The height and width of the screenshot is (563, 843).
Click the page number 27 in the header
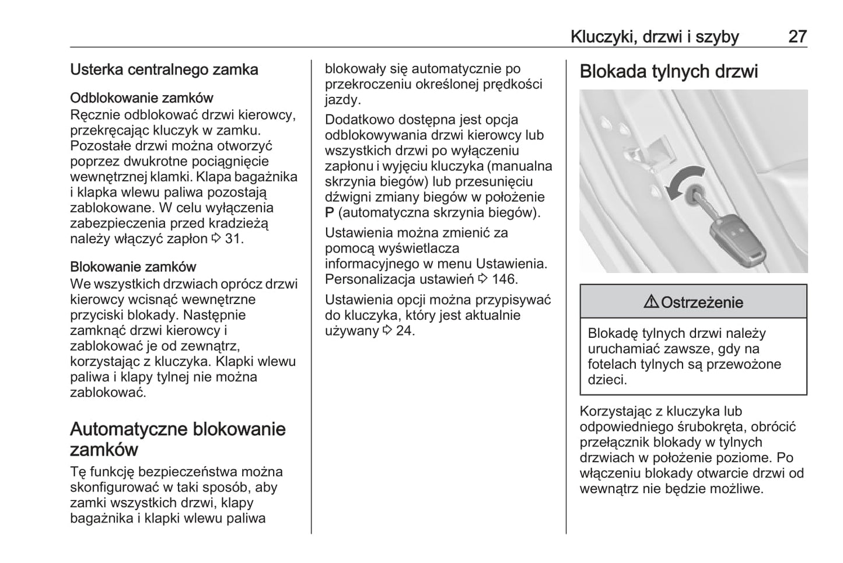coord(797,37)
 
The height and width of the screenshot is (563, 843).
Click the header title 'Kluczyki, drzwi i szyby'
coord(655,37)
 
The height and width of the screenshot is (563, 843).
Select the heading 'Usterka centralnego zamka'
coord(164,69)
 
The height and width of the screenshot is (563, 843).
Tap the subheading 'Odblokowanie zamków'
coord(142,97)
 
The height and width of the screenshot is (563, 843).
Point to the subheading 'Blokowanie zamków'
coord(133,267)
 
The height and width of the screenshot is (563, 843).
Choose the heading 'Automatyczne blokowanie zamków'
coord(177,439)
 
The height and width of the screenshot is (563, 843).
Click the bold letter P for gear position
coord(330,212)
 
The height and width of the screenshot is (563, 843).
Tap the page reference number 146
coord(503,279)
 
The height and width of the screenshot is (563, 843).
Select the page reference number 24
coord(404,331)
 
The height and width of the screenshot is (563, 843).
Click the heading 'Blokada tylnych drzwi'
coord(669,72)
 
